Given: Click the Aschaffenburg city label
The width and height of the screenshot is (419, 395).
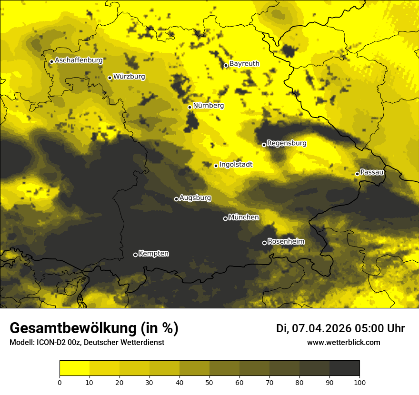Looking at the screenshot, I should [x=79, y=60].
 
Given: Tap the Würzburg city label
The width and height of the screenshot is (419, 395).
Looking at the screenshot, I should [x=129, y=77].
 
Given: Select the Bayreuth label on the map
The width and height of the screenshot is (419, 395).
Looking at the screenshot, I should [x=244, y=64].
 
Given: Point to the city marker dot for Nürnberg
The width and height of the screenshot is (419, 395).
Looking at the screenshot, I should [x=190, y=107].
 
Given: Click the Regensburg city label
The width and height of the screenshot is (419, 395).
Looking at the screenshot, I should [x=287, y=143].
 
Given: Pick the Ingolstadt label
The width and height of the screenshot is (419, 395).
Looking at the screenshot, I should [x=236, y=165].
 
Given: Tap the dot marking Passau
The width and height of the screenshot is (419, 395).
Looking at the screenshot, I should [x=357, y=174].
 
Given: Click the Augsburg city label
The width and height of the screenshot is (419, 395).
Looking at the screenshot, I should [x=195, y=198].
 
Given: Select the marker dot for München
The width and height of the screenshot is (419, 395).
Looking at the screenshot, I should [x=225, y=218].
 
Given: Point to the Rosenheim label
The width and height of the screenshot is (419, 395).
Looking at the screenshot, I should [x=286, y=242].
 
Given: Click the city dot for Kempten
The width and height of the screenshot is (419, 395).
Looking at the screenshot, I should [x=135, y=255].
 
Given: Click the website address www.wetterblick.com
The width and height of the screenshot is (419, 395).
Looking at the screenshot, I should [x=343, y=343].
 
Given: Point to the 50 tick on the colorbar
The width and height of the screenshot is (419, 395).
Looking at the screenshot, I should [x=209, y=382].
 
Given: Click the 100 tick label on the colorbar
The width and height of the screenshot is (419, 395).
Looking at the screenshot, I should [x=359, y=382].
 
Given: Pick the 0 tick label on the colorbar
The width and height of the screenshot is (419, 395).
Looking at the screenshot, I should [x=60, y=382].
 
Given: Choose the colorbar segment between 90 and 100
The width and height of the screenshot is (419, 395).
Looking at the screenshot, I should [x=344, y=368].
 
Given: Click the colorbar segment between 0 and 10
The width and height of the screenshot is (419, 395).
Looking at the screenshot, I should [x=74, y=368].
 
